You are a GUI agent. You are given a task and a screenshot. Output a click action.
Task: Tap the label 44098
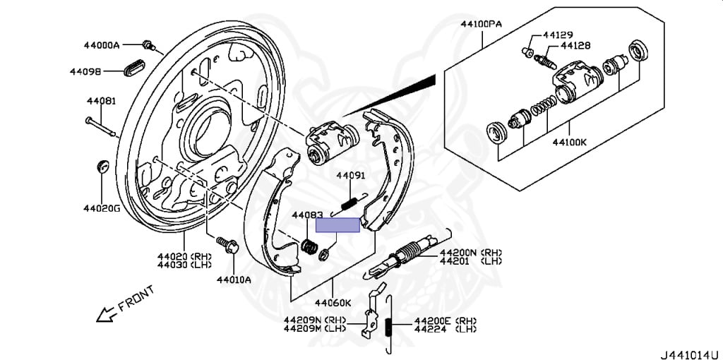coord(85,71)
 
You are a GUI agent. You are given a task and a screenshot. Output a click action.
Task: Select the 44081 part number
coord(101,102)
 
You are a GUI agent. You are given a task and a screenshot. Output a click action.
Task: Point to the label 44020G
coord(102,208)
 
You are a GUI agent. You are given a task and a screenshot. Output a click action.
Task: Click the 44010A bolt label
coord(234,279)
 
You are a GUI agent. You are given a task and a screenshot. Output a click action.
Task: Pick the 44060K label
coord(333,303)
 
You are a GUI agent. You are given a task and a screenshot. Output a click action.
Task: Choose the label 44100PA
coord(482,23)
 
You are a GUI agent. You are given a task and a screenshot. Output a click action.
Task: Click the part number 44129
coord(558,35)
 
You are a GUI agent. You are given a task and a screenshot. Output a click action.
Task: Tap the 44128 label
coord(575,45)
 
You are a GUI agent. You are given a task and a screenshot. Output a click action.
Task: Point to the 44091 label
coord(350,176)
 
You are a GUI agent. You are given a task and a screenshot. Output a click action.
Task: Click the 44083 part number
coord(307,215)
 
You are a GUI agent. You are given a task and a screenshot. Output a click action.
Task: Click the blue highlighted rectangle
coord(337,225)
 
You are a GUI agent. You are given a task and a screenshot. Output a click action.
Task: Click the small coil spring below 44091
coord(348,203)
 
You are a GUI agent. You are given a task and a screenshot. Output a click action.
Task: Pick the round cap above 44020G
coord(102,167)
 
